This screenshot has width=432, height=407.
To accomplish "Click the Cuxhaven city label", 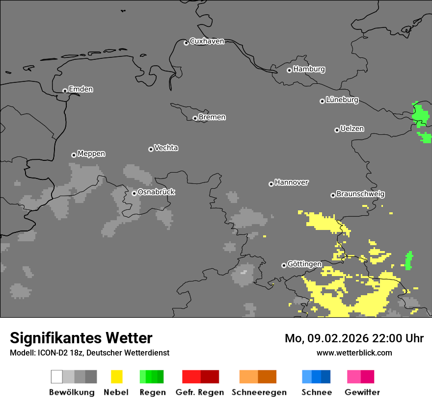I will tap(207, 41).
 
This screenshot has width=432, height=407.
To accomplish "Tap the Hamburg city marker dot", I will tap(289, 70).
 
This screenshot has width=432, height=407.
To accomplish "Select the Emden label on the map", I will tap(81, 89).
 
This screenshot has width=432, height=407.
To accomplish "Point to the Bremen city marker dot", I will tap(195, 118).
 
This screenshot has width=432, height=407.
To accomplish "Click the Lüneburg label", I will tap(342, 100).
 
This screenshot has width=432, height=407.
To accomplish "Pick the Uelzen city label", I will tap(352, 129).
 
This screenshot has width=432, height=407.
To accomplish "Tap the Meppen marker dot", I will tap(74, 155).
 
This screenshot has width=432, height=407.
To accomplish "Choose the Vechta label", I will tap(166, 148).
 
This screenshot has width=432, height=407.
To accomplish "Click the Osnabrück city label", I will tap(156, 192).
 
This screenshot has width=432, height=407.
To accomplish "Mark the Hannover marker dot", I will tap(271, 184).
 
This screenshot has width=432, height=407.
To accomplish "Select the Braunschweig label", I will tap(360, 194).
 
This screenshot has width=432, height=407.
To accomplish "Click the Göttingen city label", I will tap(304, 264).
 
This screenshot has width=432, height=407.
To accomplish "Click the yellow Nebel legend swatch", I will tap(116, 377).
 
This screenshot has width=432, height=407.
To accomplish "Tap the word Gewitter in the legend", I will tap(362, 392).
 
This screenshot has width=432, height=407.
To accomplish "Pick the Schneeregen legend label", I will tap(259, 392).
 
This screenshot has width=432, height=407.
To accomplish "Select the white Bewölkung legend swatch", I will tap(56, 377).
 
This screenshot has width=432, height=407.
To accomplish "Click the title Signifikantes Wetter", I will tap(81, 338).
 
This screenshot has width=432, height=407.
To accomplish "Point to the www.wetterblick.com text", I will tap(354, 353).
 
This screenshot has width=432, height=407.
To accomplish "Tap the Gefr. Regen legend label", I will tap(199, 392).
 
